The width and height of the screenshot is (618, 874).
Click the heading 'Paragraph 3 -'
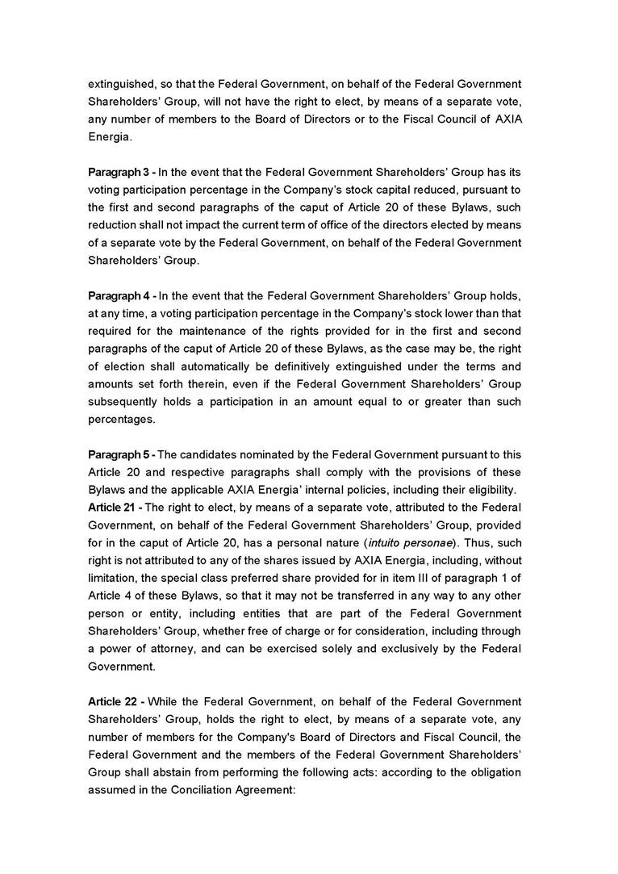(x=121, y=172)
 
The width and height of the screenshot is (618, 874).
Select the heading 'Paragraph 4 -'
(x=121, y=296)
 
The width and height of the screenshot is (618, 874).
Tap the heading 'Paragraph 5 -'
(x=121, y=454)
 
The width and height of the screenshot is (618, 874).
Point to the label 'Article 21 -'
(x=115, y=507)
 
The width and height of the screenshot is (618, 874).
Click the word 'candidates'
(x=210, y=454)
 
